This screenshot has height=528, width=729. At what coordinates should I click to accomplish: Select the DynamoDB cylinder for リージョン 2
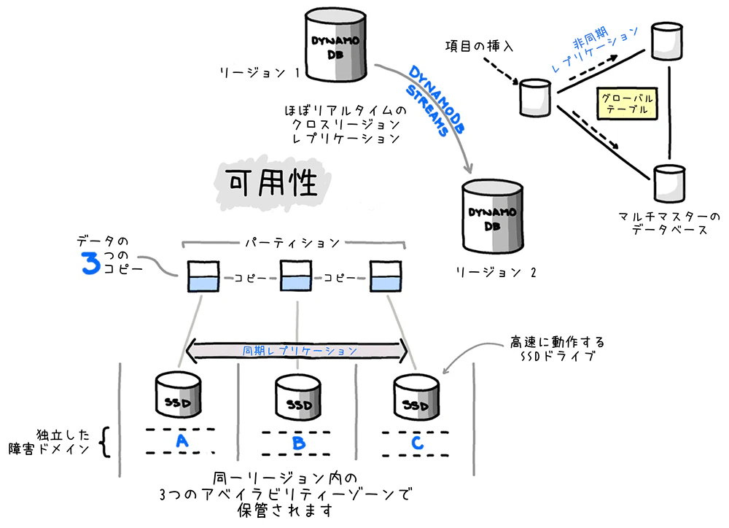point(494,216)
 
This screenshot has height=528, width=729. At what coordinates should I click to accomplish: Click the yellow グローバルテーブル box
point(626,104)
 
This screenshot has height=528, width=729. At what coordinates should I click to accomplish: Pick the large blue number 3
point(91,264)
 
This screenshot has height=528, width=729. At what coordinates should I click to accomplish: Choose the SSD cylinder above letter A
point(179,395)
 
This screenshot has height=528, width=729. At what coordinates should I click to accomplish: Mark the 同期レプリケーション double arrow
point(298,351)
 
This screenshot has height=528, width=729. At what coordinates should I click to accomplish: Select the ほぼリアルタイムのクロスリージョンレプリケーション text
point(342,124)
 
